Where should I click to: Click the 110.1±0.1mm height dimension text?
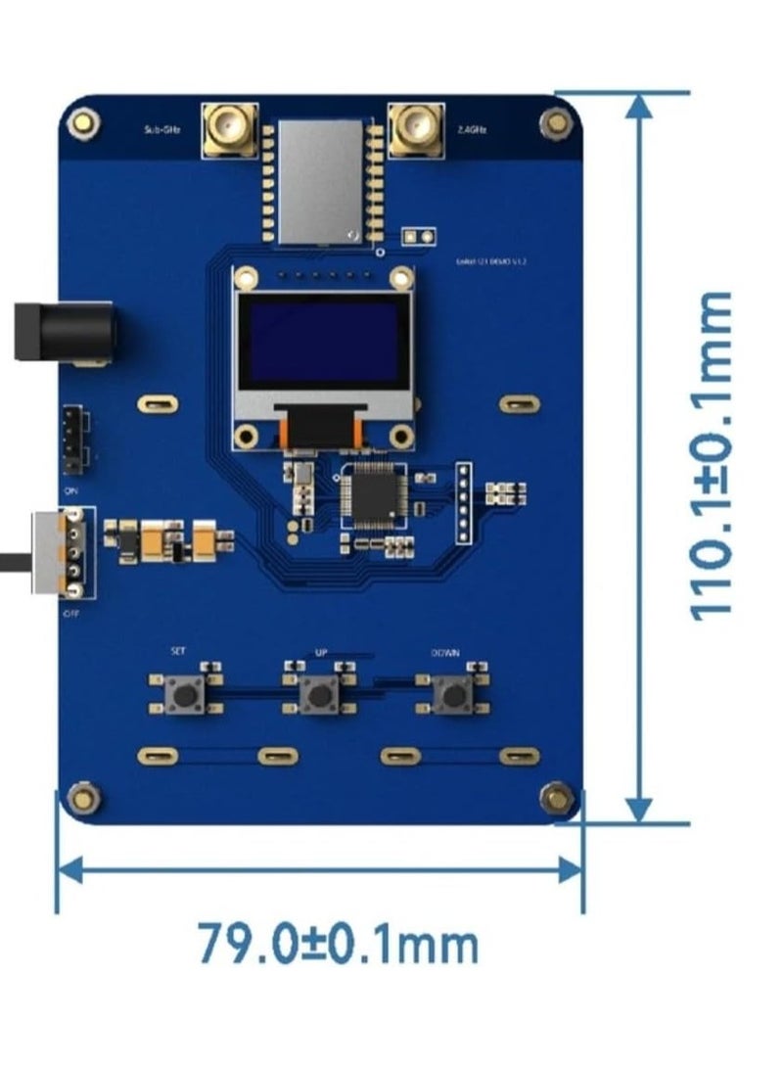712,456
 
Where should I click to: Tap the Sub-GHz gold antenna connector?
229,128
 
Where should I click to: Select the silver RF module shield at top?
320,181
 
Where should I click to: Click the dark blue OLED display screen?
324,343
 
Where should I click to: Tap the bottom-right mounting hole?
558,797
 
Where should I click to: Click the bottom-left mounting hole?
84,798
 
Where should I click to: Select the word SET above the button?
177,650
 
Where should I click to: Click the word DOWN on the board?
445,652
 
